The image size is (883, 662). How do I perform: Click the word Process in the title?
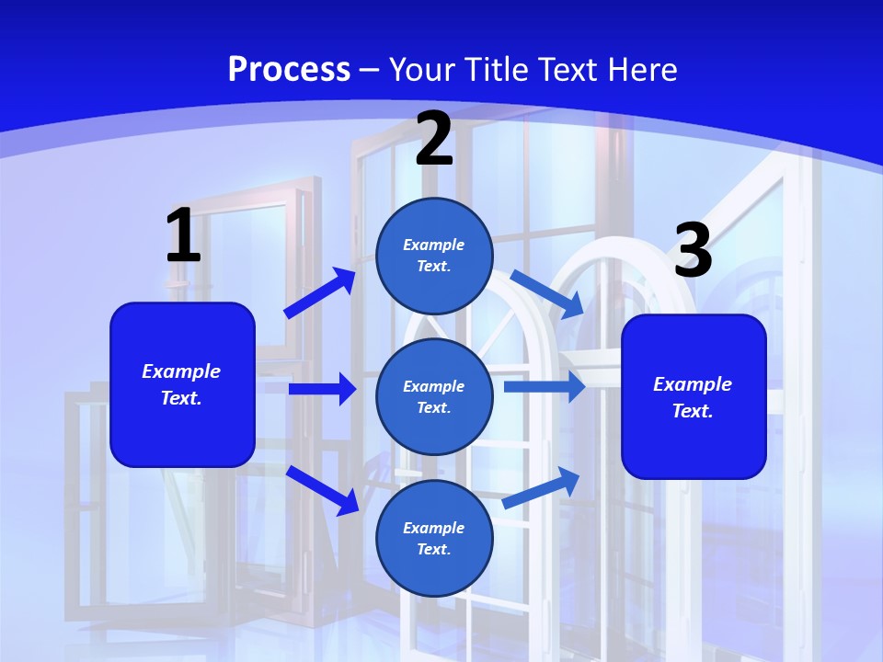tap(289, 69)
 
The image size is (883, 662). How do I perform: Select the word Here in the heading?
tap(638, 69)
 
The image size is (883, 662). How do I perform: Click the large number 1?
tap(183, 236)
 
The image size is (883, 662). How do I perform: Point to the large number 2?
tap(434, 139)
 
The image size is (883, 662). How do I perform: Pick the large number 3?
tap(694, 250)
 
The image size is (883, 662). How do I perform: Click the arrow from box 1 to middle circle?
tap(322, 389)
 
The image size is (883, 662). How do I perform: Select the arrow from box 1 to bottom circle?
tap(323, 490)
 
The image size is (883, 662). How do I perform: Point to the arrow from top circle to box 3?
tap(547, 293)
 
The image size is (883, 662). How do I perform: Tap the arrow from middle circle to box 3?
tap(545, 386)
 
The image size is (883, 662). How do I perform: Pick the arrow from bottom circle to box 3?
tap(541, 488)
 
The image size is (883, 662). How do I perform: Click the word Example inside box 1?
tap(181, 371)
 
